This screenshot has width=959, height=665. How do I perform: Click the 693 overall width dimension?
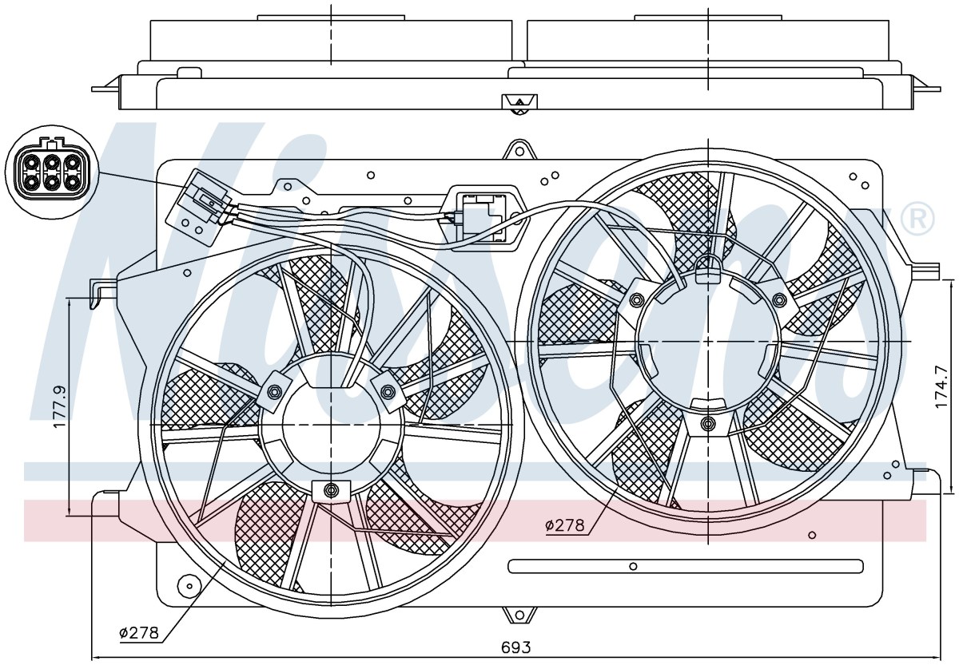(x=516, y=647)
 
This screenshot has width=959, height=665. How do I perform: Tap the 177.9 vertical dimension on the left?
(x=60, y=406)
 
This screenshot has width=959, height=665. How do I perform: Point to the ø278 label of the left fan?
(x=139, y=632)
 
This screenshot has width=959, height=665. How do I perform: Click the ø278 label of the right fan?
(x=565, y=525)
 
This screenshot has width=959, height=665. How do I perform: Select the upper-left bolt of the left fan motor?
(x=273, y=391)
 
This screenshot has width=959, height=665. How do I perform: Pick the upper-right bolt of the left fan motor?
(x=388, y=390)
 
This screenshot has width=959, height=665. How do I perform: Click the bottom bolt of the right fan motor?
(x=708, y=423)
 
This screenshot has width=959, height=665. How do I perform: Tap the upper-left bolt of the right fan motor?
(x=637, y=300)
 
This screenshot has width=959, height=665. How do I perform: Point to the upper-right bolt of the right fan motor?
(x=779, y=300)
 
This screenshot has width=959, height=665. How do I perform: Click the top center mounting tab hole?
(x=519, y=151)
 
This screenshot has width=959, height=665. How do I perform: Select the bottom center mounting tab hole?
(x=519, y=615)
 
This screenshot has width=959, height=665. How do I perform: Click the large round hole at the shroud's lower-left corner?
(x=189, y=584)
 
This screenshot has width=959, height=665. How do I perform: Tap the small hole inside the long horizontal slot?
(x=633, y=567)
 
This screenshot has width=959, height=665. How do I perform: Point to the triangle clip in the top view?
(x=519, y=103)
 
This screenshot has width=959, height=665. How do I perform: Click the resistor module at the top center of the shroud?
(x=487, y=218)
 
